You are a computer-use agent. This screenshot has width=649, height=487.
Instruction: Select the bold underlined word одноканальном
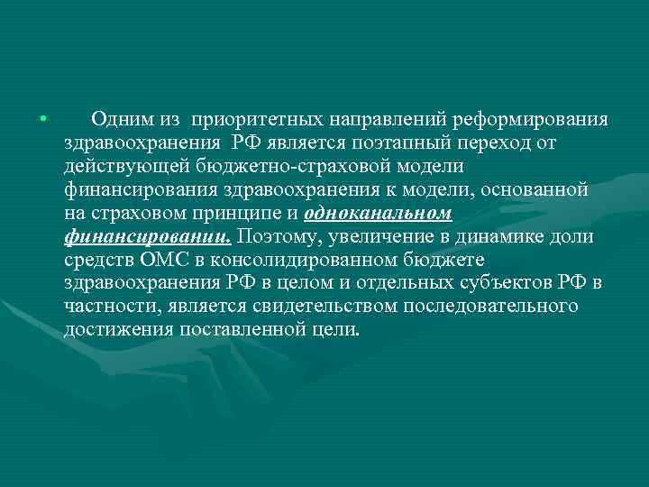click(x=379, y=213)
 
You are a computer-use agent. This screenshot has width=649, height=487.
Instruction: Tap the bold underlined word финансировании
click(x=147, y=236)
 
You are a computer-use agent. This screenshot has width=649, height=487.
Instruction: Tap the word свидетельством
click(x=324, y=307)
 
